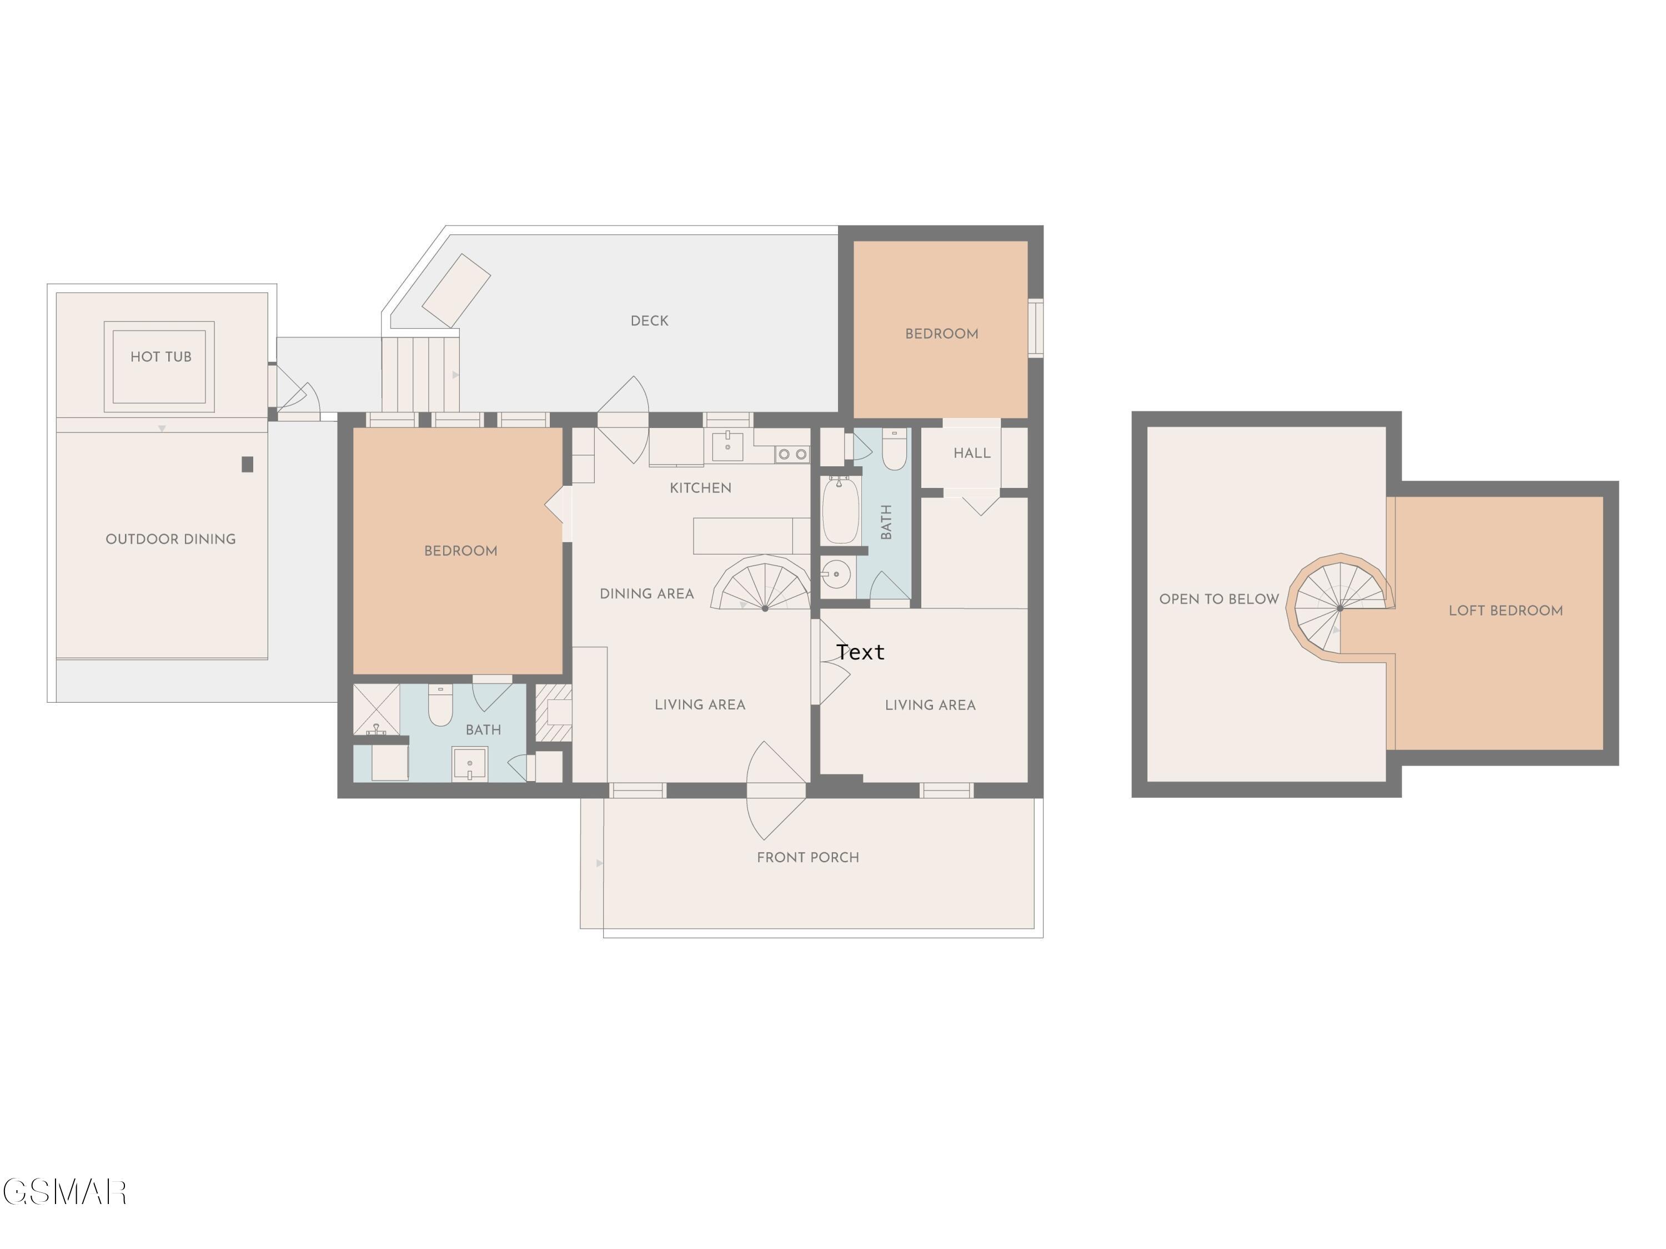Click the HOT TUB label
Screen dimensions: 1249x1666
tap(160, 357)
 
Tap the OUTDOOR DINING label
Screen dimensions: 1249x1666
tap(170, 539)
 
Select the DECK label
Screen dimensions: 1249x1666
tap(649, 321)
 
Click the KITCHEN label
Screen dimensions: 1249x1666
tap(700, 488)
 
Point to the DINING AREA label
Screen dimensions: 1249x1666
tap(646, 594)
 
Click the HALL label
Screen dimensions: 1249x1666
tap(972, 453)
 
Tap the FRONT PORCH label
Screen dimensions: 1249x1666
tap(807, 858)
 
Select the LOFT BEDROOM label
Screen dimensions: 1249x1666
tap(1506, 611)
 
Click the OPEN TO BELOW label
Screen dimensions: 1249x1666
tap(1218, 600)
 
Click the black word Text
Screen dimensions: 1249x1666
tap(860, 652)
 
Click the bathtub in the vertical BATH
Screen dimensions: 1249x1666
tap(840, 511)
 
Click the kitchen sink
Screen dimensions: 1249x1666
tap(727, 446)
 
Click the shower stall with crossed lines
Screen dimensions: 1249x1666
tap(376, 709)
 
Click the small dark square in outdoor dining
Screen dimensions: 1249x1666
tap(247, 465)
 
